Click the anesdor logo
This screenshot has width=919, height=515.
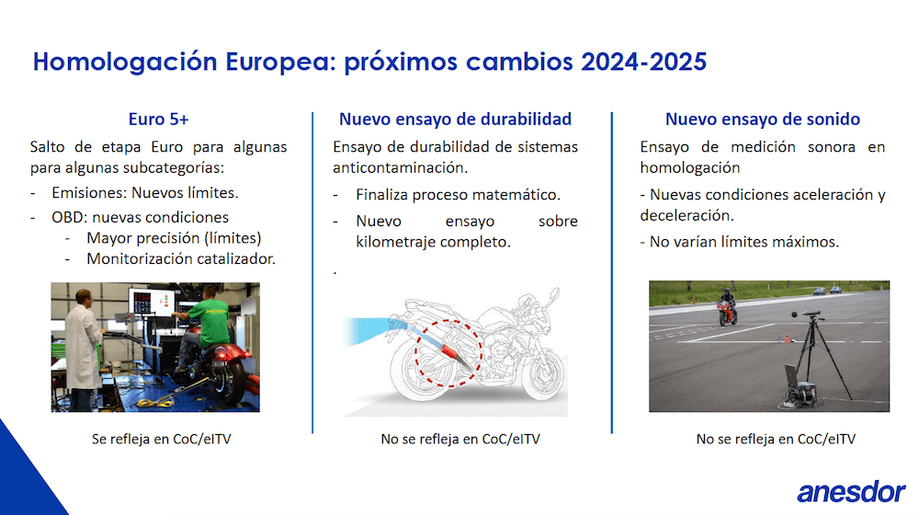point(851,492)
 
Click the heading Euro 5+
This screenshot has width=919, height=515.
point(158,119)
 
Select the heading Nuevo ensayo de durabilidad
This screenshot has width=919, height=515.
point(456,119)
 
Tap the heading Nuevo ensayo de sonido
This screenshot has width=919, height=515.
point(763,119)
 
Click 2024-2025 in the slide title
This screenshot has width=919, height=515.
point(643,62)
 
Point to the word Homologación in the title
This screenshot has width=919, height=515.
point(125,63)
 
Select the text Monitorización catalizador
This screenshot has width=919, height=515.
point(181,258)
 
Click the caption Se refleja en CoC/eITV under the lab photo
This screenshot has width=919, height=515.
point(161,439)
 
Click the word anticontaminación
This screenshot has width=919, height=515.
point(401,167)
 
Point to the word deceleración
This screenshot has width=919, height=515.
point(686,215)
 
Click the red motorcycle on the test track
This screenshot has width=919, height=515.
point(727,307)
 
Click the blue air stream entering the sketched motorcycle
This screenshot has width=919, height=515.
point(369,331)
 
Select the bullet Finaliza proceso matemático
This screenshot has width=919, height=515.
point(458,195)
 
